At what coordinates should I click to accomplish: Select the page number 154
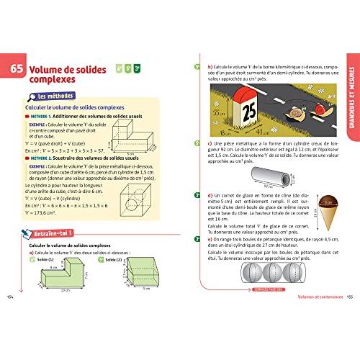tap(9, 298)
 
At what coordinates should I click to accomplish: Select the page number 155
tap(350, 298)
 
